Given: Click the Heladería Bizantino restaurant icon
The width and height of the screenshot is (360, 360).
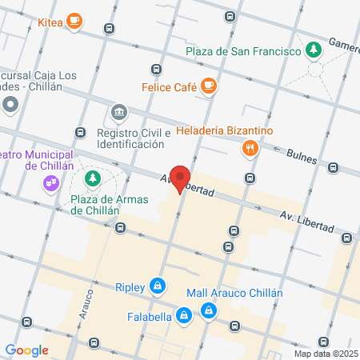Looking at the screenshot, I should click(x=250, y=147).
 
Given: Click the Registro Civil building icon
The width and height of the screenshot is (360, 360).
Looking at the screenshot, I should click(x=119, y=111).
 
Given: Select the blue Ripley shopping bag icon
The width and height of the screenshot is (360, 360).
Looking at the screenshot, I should click(x=158, y=286).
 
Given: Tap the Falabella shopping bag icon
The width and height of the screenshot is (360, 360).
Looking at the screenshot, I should click(x=185, y=316).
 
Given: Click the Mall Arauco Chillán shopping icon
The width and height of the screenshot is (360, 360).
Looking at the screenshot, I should click(x=209, y=310).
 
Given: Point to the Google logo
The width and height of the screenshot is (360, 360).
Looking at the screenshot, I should click(x=26, y=350).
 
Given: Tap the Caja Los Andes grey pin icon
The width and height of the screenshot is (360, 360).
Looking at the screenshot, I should click(x=10, y=104).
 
